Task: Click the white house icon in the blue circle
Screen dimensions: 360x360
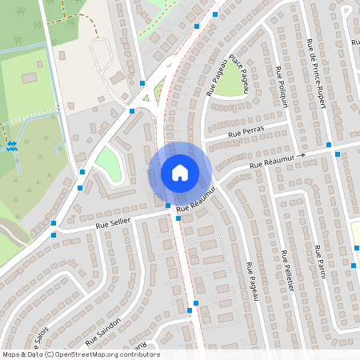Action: (x=180, y=172)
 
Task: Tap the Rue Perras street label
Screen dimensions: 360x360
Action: (x=246, y=132)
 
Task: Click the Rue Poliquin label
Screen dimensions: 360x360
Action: (x=283, y=88)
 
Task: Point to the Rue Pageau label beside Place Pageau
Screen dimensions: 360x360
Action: (x=215, y=82)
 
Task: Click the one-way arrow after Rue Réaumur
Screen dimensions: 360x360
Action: (x=300, y=157)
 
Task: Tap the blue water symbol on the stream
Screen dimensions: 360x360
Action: (x=11, y=146)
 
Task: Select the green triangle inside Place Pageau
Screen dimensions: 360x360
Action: (x=232, y=78)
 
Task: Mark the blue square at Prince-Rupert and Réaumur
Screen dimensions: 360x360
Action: (x=338, y=154)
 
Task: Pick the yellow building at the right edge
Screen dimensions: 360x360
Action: (x=356, y=236)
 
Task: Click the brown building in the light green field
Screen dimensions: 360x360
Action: (x=30, y=78)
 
